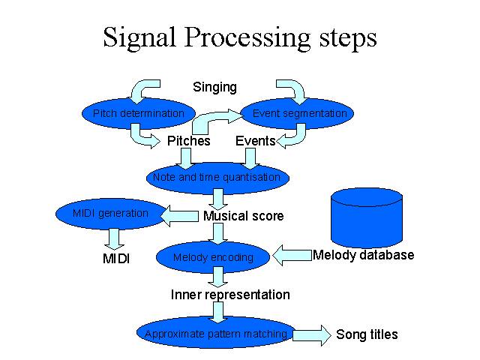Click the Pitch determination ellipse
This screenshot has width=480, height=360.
138,113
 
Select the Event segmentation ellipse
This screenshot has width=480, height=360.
297,113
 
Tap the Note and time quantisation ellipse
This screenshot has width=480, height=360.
217,178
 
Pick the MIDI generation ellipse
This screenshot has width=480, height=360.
111,214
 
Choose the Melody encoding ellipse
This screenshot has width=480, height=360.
213,257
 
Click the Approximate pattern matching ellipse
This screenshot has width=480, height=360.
216,333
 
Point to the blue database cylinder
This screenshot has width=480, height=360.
367,218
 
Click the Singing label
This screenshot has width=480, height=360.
215,87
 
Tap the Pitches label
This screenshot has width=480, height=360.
188,141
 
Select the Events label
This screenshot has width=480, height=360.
256,141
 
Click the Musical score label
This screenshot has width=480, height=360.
243,216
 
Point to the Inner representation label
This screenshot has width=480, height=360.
230,295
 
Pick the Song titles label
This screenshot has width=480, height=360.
367,334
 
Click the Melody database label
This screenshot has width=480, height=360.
363,255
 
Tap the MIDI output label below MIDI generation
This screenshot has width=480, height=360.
116,259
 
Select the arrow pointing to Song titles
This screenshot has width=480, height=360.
312,335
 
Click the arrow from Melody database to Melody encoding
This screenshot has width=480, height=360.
292,255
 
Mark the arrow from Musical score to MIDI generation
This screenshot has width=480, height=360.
179,216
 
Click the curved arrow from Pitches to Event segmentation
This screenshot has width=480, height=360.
211,120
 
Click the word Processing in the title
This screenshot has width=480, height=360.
247,37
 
